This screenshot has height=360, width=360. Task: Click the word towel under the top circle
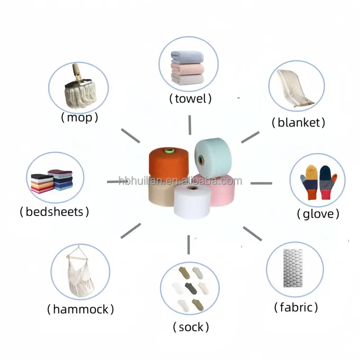(x=190, y=99)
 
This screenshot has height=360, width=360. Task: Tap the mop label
(x=79, y=118)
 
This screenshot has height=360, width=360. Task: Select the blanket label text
(x=298, y=122)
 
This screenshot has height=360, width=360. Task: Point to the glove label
(x=318, y=214)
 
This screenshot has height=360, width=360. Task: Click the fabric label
(x=296, y=308)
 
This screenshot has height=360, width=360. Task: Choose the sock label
(x=191, y=327)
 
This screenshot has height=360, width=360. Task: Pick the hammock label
(x=81, y=310)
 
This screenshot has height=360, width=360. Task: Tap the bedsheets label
(x=54, y=211)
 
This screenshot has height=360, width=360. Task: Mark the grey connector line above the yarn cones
(x=190, y=124)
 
